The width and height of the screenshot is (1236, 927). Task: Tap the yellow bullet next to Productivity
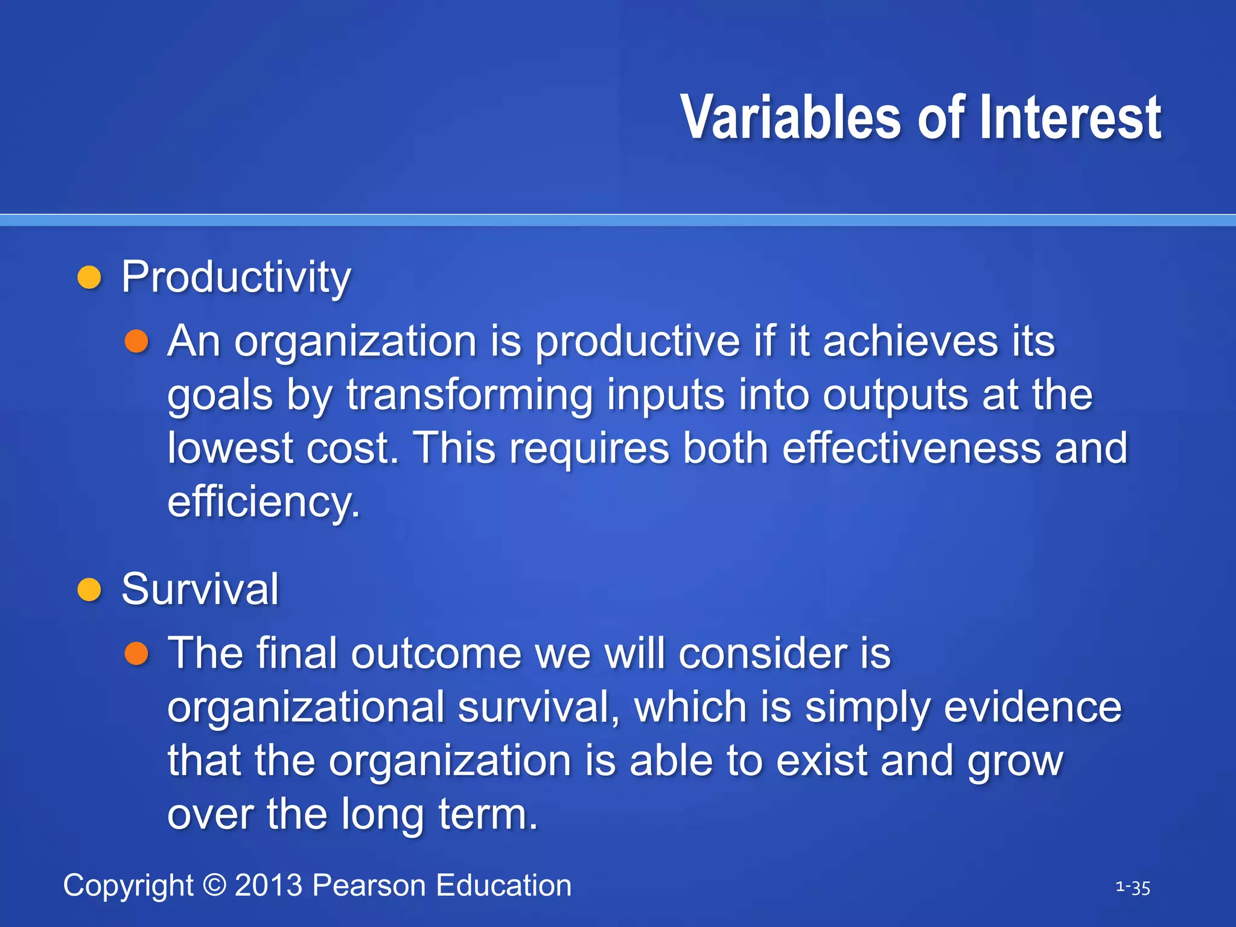[x=89, y=278]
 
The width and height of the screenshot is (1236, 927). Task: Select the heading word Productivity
[x=236, y=278]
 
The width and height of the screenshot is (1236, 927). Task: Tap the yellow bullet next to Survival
[x=89, y=590]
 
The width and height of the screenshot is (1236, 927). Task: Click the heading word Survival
[x=200, y=590]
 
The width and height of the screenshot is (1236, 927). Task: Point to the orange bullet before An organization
[x=136, y=342]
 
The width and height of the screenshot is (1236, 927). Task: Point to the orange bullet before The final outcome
[x=136, y=654]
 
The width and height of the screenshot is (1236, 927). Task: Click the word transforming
[x=469, y=396]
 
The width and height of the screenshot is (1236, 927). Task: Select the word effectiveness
[x=911, y=448]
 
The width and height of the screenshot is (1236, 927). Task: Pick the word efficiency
[x=263, y=502]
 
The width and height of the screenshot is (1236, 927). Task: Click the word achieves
[x=910, y=342]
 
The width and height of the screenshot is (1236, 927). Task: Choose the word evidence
[x=1032, y=707]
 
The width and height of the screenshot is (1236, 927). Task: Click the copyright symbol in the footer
[x=214, y=885]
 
